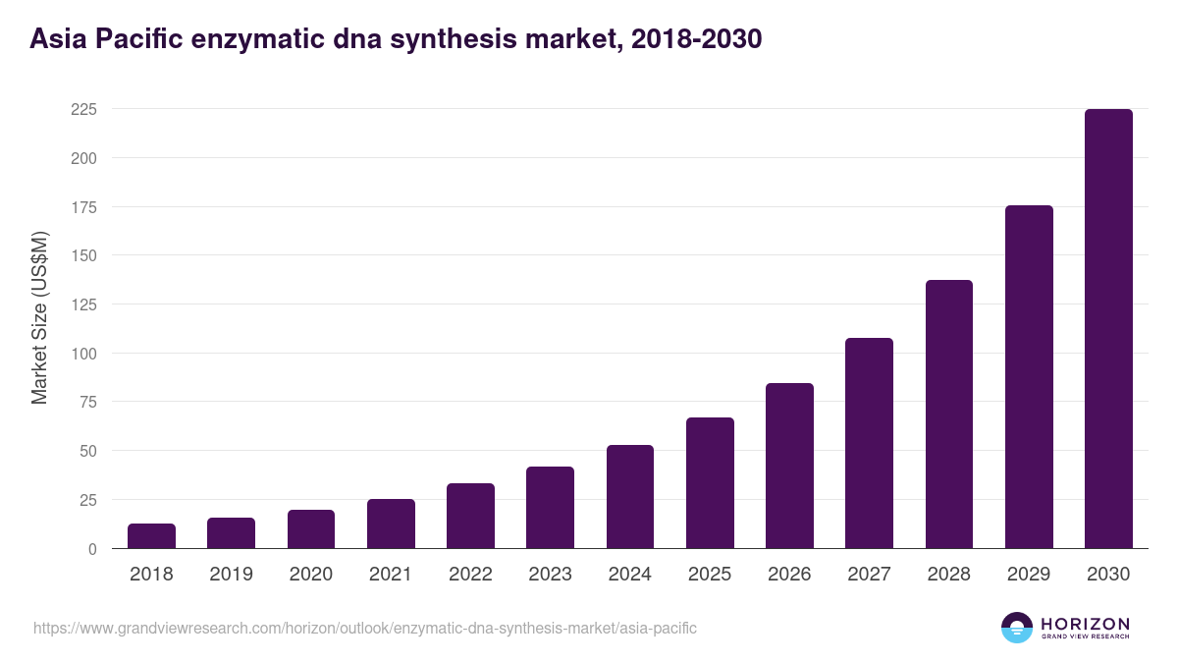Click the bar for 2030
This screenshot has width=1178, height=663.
[x=1108, y=329]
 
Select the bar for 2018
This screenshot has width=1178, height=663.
[x=151, y=536]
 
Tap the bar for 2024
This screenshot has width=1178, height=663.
[x=630, y=497]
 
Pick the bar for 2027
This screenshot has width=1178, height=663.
[x=869, y=443]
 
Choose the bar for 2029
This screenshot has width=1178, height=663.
[x=1029, y=377]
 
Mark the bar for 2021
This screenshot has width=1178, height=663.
[x=391, y=524]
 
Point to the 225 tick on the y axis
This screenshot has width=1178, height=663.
[x=83, y=109]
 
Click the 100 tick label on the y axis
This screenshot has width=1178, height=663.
[x=83, y=354]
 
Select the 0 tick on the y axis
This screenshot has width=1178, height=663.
[x=91, y=549]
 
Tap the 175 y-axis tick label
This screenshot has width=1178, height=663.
[x=83, y=207]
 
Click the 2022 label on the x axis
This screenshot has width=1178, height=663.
[x=470, y=575]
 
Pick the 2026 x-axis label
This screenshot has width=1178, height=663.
[x=789, y=575]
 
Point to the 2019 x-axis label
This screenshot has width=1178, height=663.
[x=231, y=575]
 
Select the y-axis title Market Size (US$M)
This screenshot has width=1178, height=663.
[x=39, y=317]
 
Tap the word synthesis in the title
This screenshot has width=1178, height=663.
[x=456, y=39]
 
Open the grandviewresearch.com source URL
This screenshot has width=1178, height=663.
[x=365, y=628]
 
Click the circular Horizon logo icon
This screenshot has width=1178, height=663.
[x=1017, y=628]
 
